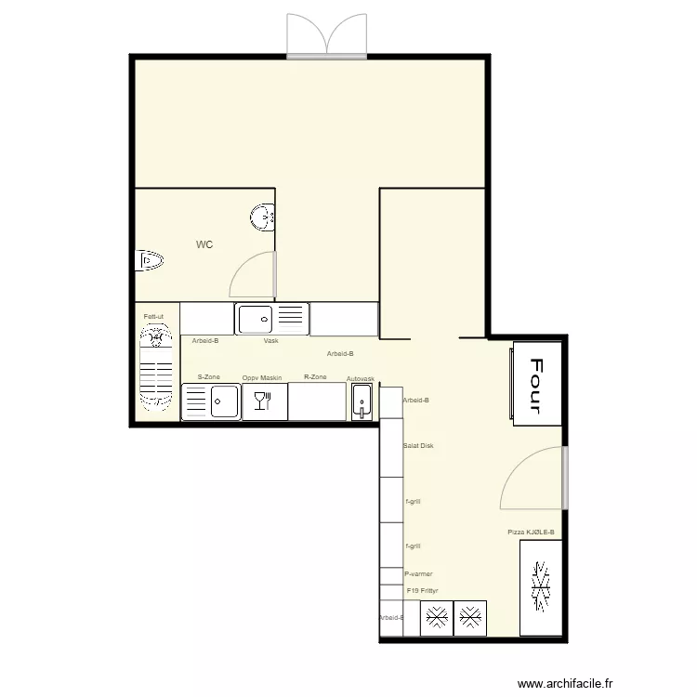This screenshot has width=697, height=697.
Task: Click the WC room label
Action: pos(204,245)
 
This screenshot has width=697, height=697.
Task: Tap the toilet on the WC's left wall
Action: pos(149,261)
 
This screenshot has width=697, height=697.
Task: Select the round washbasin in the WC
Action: pos(263,217)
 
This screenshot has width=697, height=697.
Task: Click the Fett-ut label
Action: pos(153,317)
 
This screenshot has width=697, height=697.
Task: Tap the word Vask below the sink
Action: pos(271,341)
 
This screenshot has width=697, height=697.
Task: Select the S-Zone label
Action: pos(208,377)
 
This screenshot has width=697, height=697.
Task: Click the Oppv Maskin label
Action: pos(262,378)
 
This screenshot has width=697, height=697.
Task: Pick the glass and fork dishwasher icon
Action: pos(262,401)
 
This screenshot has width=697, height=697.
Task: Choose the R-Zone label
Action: pos(315,377)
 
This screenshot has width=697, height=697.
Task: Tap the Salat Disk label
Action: pos(418,446)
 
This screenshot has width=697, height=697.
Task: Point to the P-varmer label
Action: pos(418,574)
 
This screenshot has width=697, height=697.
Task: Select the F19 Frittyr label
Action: pos(422,590)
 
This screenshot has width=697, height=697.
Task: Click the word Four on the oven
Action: pos(535,384)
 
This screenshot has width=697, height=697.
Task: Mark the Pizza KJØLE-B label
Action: pos(531,533)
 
